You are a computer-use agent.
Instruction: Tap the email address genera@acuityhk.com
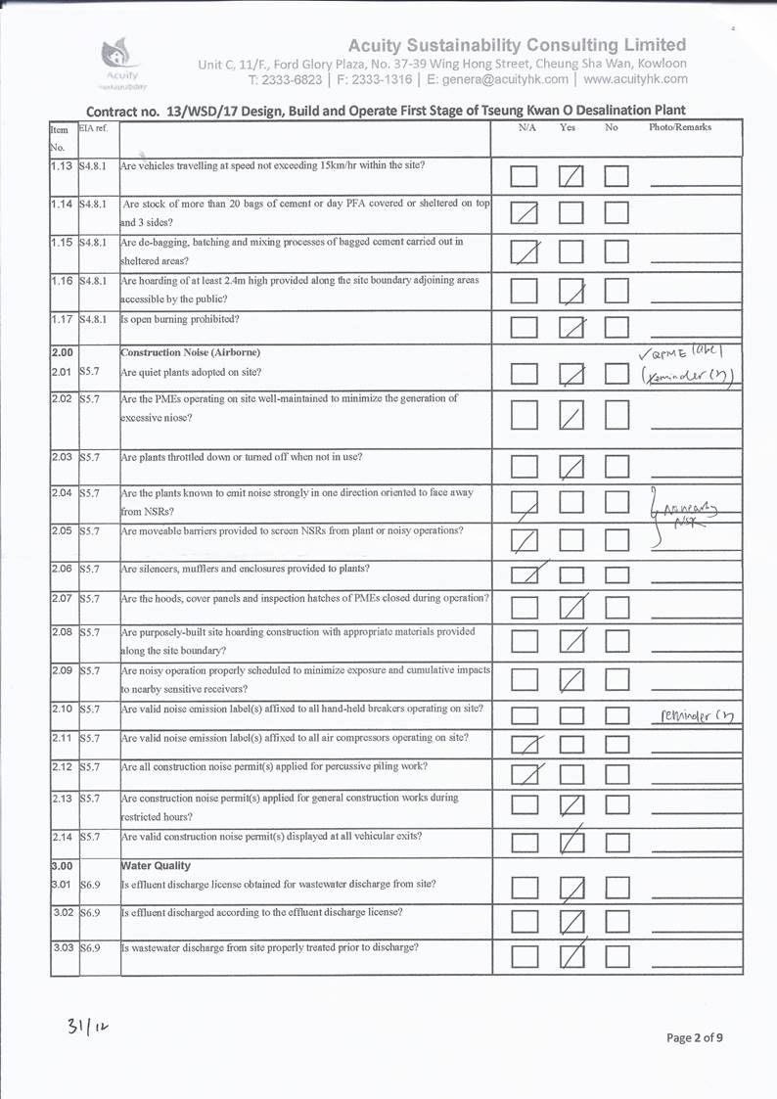[505, 79]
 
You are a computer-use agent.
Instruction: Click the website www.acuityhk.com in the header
[636, 79]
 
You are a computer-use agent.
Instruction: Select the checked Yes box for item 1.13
[571, 177]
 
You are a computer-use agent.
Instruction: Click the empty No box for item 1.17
[616, 327]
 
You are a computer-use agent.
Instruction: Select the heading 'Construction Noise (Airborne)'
[183, 352]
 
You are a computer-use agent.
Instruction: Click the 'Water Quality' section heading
[156, 866]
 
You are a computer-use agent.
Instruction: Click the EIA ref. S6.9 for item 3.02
[90, 912]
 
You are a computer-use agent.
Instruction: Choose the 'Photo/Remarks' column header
[679, 128]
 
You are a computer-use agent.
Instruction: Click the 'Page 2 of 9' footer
[696, 1037]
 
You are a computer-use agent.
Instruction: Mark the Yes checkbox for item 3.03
[571, 955]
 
